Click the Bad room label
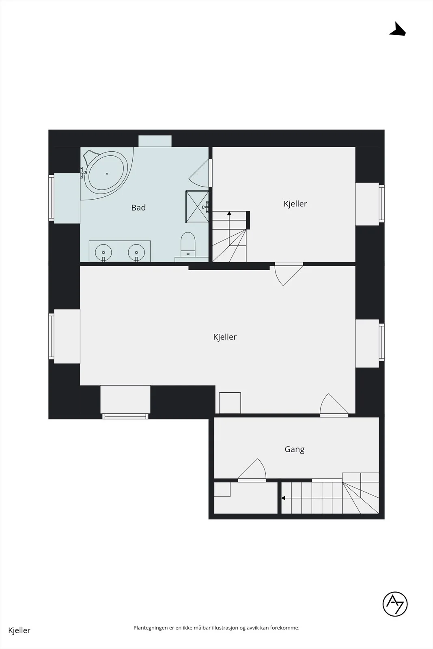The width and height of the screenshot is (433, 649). pyautogui.click(x=138, y=207)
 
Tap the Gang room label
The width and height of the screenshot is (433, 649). pyautogui.click(x=295, y=449)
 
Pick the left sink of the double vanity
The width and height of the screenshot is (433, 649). pyautogui.click(x=103, y=252)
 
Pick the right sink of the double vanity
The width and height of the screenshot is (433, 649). pyautogui.click(x=136, y=252)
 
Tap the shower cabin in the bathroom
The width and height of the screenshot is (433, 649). pyautogui.click(x=197, y=206)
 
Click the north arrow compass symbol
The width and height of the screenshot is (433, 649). pyautogui.click(x=398, y=29)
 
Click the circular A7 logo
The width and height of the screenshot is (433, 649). pyautogui.click(x=395, y=604)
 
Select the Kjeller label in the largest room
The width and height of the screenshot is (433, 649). pyautogui.click(x=225, y=337)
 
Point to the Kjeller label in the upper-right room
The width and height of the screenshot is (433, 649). pyautogui.click(x=295, y=204)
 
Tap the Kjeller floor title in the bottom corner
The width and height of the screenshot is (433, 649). pyautogui.click(x=19, y=630)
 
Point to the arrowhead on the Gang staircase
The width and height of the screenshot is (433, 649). pyautogui.click(x=283, y=498)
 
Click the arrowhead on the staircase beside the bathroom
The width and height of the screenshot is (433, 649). pyautogui.click(x=229, y=213)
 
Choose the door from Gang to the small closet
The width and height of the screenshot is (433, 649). pyautogui.click(x=252, y=471)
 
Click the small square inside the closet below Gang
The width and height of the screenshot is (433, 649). pyautogui.click(x=222, y=489)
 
